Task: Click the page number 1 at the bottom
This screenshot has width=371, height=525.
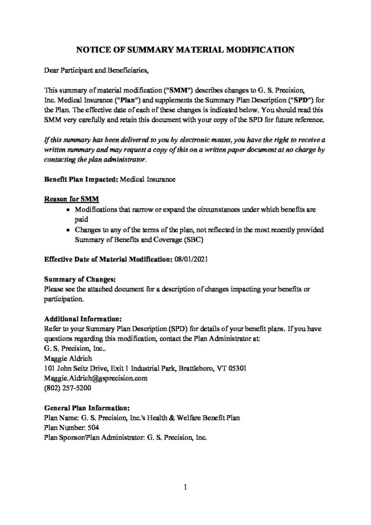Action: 185,487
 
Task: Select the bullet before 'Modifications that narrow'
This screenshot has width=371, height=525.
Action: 69,210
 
